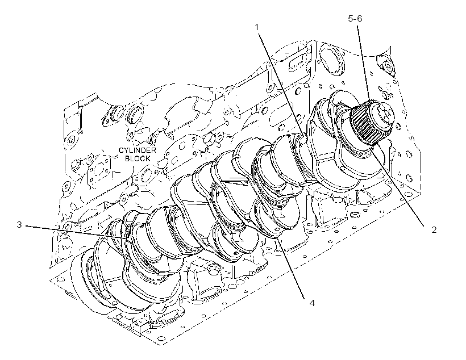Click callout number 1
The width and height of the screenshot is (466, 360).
pos(257,27)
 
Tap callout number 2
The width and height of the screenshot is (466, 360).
pos(434,229)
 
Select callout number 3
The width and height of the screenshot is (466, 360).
pos(19,225)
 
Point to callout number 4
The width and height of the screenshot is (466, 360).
pos(312,303)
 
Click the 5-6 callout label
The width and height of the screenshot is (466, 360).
pos(355,19)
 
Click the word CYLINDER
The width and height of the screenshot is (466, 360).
pos(138,150)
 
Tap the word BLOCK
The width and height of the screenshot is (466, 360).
pos(138,158)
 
